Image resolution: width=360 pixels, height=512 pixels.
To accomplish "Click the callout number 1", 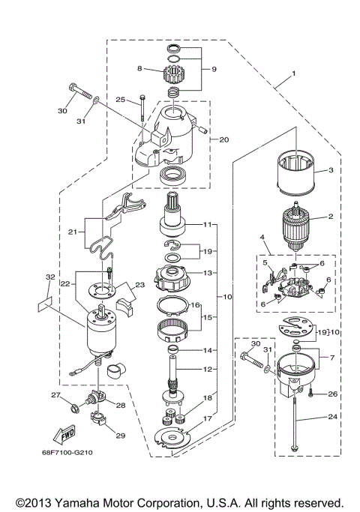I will (x=293, y=73).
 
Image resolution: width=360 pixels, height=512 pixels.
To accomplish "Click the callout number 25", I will (x=120, y=100).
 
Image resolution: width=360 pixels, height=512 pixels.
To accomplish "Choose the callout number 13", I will (x=228, y=274).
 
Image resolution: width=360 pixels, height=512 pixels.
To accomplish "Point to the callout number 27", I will (x=55, y=395).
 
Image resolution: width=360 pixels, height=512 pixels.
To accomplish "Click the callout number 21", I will (x=71, y=232).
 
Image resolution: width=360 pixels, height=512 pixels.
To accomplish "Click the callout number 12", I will (x=228, y=370).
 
